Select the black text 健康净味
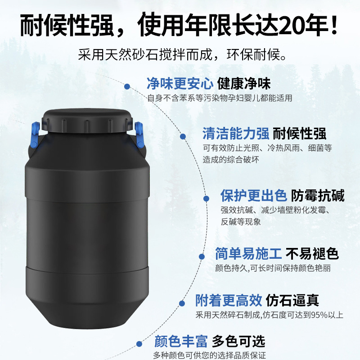[x=244, y=84]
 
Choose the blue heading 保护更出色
[x=253, y=196]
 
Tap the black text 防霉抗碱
[x=318, y=196]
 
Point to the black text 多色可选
[x=239, y=341]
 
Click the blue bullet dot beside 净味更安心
[x=127, y=86]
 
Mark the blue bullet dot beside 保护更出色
[x=206, y=198]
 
